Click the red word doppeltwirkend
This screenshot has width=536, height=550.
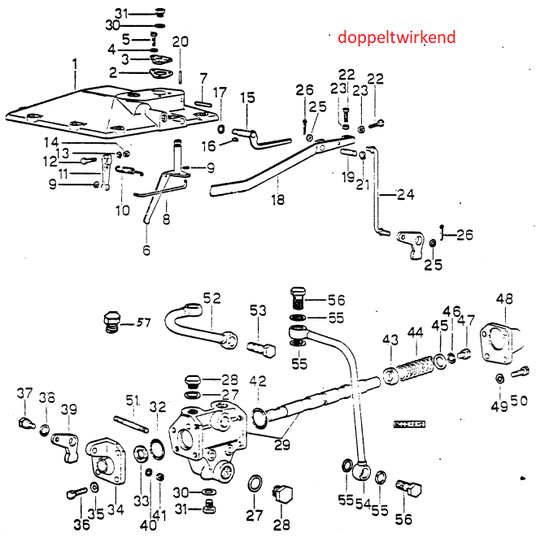point(396,37)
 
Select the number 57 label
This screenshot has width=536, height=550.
point(143,323)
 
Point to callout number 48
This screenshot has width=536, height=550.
point(504,299)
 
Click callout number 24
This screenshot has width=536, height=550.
point(406,194)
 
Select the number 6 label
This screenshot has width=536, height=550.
point(146,251)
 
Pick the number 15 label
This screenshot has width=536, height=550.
point(247,97)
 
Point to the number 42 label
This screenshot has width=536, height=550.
point(258,379)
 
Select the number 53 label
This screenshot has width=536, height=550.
point(258,310)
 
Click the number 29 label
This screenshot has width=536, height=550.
point(282,444)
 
